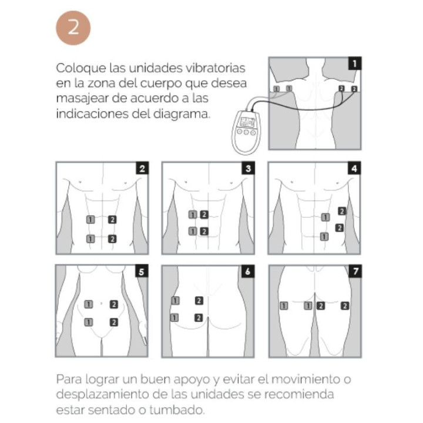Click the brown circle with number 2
[x=73, y=28]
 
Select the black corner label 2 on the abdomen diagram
[x=141, y=169]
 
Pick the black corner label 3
[x=248, y=169]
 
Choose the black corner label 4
[x=355, y=169]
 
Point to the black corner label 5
[x=141, y=272]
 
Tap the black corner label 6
[x=248, y=272]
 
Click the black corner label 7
[x=355, y=272]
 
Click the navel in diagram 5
[x=102, y=304]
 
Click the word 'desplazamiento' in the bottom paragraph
[x=100, y=392]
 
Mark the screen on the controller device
[x=247, y=123]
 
